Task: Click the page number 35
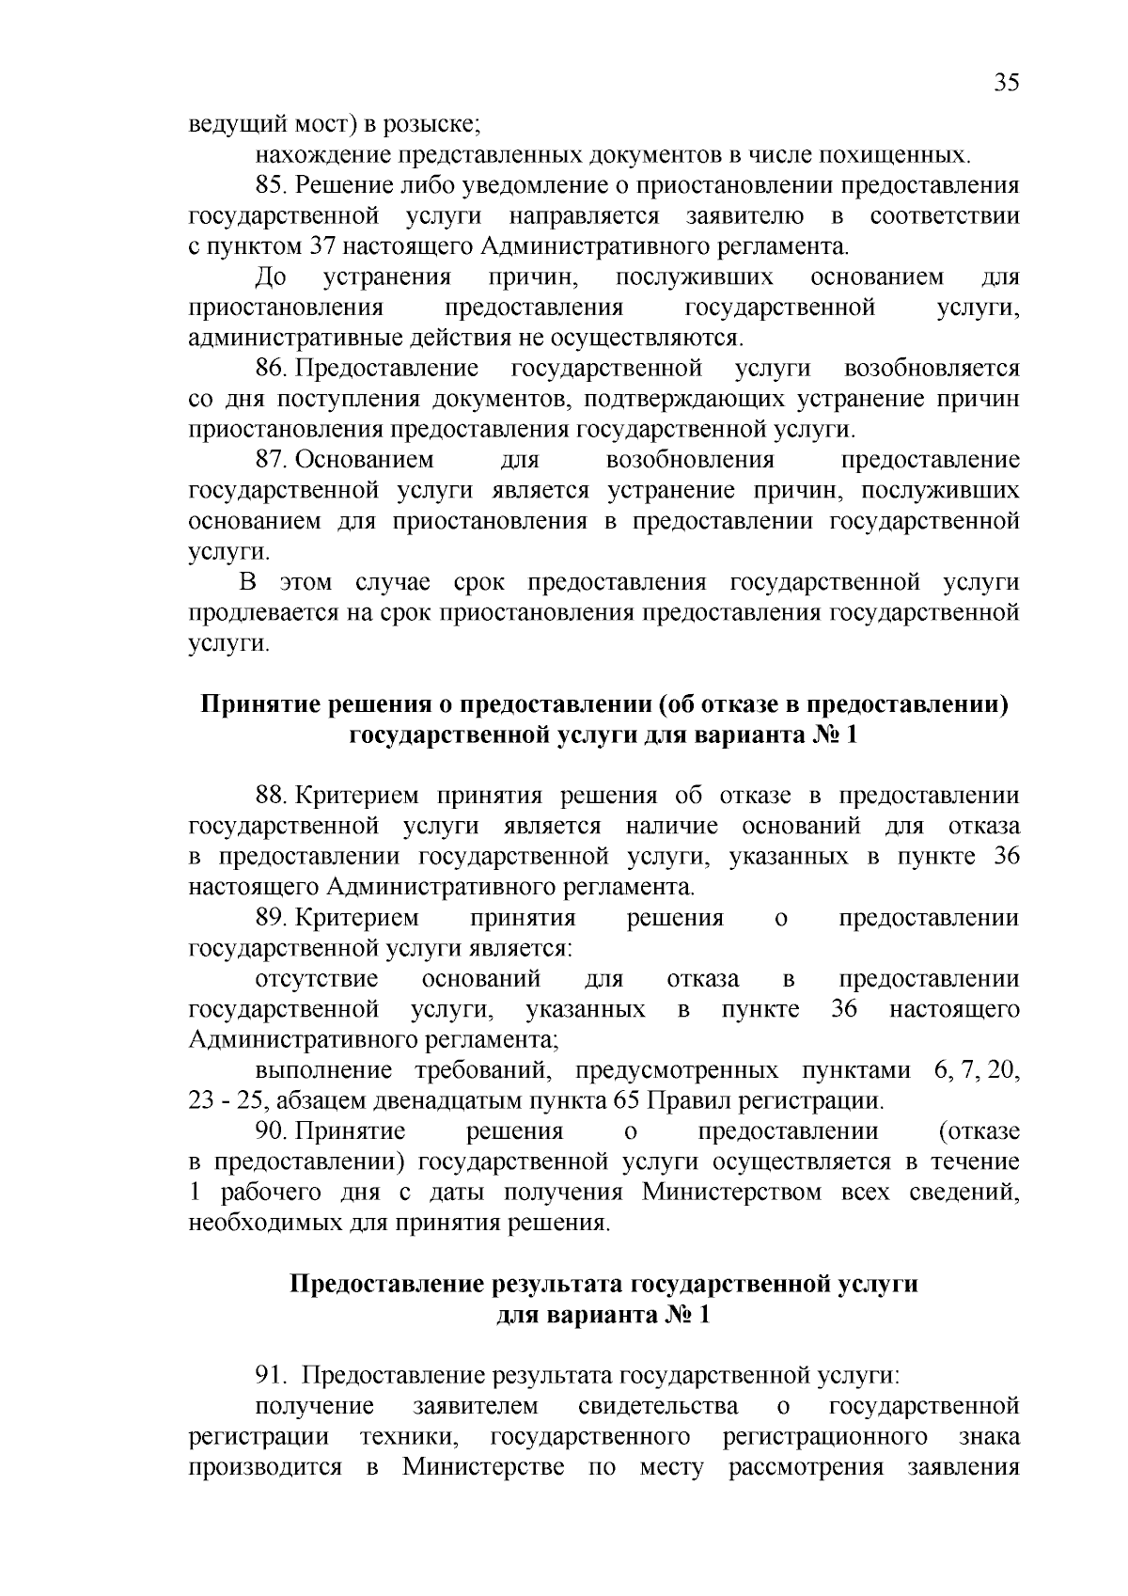coord(1006,83)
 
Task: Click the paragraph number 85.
coord(269,186)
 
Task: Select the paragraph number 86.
coord(269,369)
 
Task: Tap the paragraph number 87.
coord(269,461)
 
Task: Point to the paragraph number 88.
coord(269,796)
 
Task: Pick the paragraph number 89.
coord(269,918)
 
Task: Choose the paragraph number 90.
coord(269,1131)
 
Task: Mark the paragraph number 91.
coord(269,1376)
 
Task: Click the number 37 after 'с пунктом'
coord(319,248)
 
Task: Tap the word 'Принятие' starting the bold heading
coord(258,704)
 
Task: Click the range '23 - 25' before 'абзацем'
coord(217,1101)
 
